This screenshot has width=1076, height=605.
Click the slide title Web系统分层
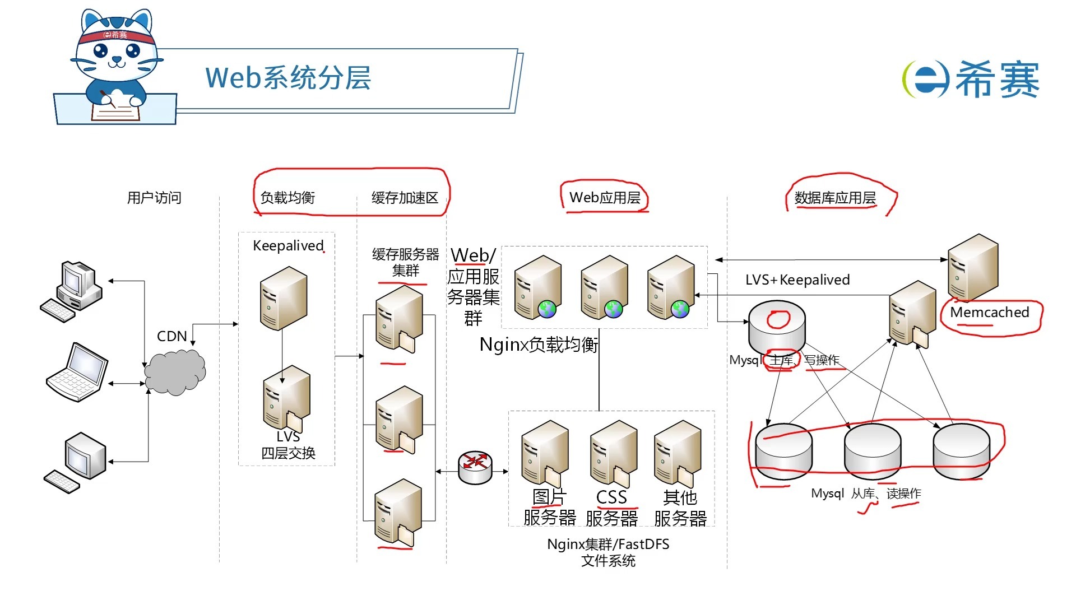[x=288, y=78]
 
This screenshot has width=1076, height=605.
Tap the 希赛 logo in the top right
[x=971, y=79]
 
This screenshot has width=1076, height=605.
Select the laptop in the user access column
[x=77, y=373]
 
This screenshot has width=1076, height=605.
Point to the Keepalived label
[x=288, y=245]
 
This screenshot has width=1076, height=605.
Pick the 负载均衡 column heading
[x=287, y=198]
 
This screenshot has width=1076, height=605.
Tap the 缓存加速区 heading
[x=405, y=198]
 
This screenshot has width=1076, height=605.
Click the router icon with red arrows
[x=475, y=467]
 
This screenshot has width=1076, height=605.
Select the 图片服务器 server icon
[x=544, y=453]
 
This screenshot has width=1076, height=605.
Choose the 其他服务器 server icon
[x=678, y=453]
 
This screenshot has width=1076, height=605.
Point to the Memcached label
[x=990, y=313]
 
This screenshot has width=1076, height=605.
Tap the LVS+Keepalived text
[x=797, y=280]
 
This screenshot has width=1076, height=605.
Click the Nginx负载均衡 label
[x=539, y=345]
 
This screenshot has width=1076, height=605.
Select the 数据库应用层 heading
[x=835, y=198]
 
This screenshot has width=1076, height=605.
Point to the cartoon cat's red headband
[x=117, y=36]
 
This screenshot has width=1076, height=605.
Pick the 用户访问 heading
[x=154, y=198]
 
